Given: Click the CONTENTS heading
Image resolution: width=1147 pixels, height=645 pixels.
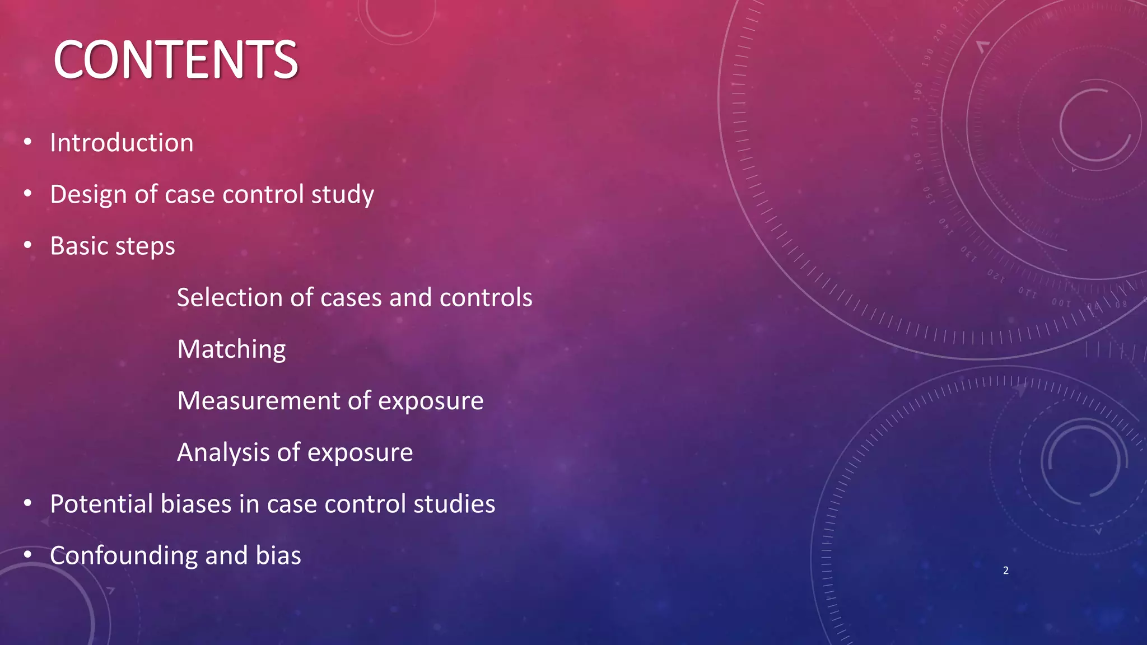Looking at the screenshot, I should (x=175, y=60).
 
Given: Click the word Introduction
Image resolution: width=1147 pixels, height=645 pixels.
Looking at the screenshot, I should (x=122, y=143).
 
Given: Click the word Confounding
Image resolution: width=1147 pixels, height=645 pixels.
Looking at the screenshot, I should (x=123, y=556).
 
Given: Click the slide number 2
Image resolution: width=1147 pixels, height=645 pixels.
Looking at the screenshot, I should (x=1006, y=571).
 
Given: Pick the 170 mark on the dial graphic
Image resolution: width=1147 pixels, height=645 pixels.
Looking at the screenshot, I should (x=915, y=127).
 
